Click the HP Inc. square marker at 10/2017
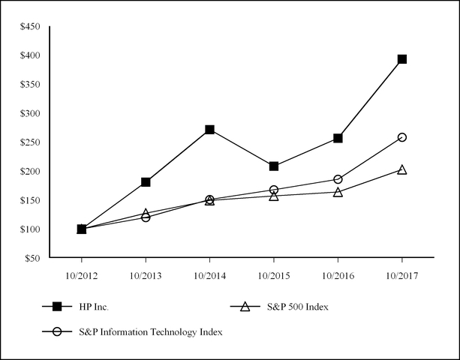402,58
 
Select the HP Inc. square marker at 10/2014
209,130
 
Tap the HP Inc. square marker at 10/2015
274,166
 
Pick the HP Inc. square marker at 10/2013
146,182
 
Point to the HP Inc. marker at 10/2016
338,138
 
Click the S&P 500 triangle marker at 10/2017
402,169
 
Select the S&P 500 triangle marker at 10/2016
338,192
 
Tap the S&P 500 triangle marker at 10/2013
146,214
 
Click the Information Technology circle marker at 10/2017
402,137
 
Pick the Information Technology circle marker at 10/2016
338,179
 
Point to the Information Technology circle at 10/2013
146,217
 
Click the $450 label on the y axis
32,26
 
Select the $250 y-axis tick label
32,142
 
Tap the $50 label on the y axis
34,258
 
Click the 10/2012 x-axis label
81,275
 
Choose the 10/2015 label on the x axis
274,275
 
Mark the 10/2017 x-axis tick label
402,275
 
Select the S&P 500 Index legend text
299,306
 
